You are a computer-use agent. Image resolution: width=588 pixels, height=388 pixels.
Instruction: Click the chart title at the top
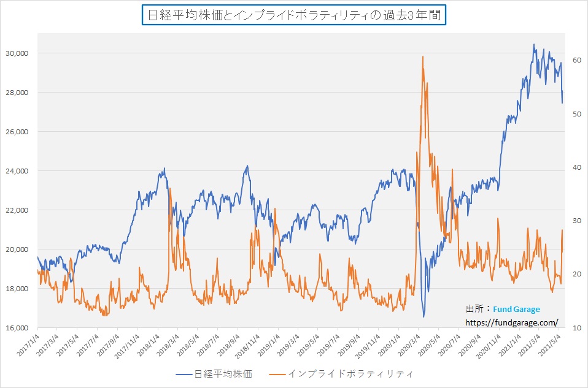tap(294, 15)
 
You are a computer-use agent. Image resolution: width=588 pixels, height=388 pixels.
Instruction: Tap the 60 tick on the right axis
tap(577, 60)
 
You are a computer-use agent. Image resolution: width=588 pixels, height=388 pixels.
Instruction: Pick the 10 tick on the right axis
tap(577, 328)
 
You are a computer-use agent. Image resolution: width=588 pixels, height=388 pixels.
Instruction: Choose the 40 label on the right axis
tap(577, 167)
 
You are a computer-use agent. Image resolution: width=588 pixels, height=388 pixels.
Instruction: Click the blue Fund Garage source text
tap(512, 310)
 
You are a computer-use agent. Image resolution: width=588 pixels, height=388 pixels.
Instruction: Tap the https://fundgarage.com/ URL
tap(512, 322)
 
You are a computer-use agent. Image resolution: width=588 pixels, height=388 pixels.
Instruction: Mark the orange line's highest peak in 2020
tap(423, 56)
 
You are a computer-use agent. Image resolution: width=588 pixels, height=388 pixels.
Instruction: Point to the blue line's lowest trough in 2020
tap(424, 317)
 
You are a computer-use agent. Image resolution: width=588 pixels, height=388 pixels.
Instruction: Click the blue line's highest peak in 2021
tap(534, 44)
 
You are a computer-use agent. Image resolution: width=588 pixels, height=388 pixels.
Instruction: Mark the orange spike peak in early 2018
tap(169, 189)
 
